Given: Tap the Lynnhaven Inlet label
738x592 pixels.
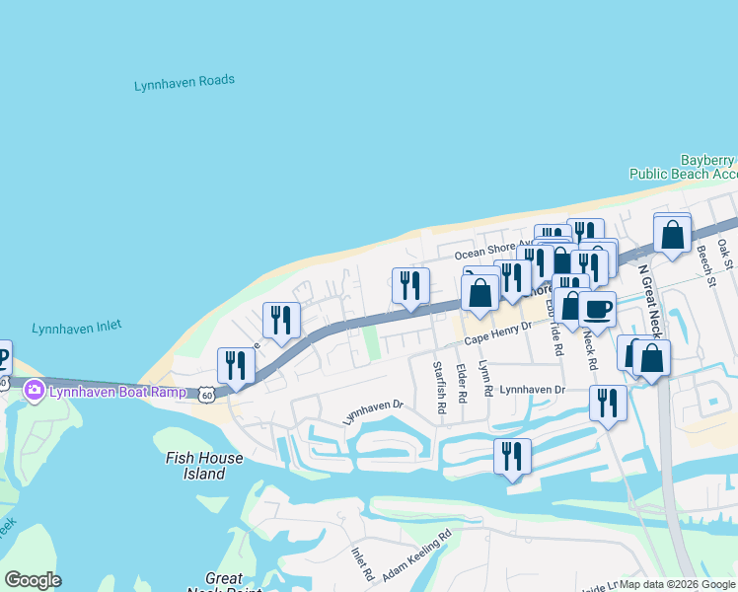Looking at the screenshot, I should click(76, 328).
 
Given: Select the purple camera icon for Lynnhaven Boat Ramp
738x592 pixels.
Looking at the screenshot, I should click(35, 391).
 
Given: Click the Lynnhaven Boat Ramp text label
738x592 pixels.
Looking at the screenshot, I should click(111, 391).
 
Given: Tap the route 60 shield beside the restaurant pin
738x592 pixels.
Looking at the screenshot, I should click(205, 394).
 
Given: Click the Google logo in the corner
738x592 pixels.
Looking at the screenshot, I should click(33, 580).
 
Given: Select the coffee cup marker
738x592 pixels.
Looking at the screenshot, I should click(597, 310).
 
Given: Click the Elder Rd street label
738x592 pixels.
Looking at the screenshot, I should click(461, 382).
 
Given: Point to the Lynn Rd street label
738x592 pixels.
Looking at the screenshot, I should click(485, 378).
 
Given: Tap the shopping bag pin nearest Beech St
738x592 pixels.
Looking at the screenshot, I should click(672, 235).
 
